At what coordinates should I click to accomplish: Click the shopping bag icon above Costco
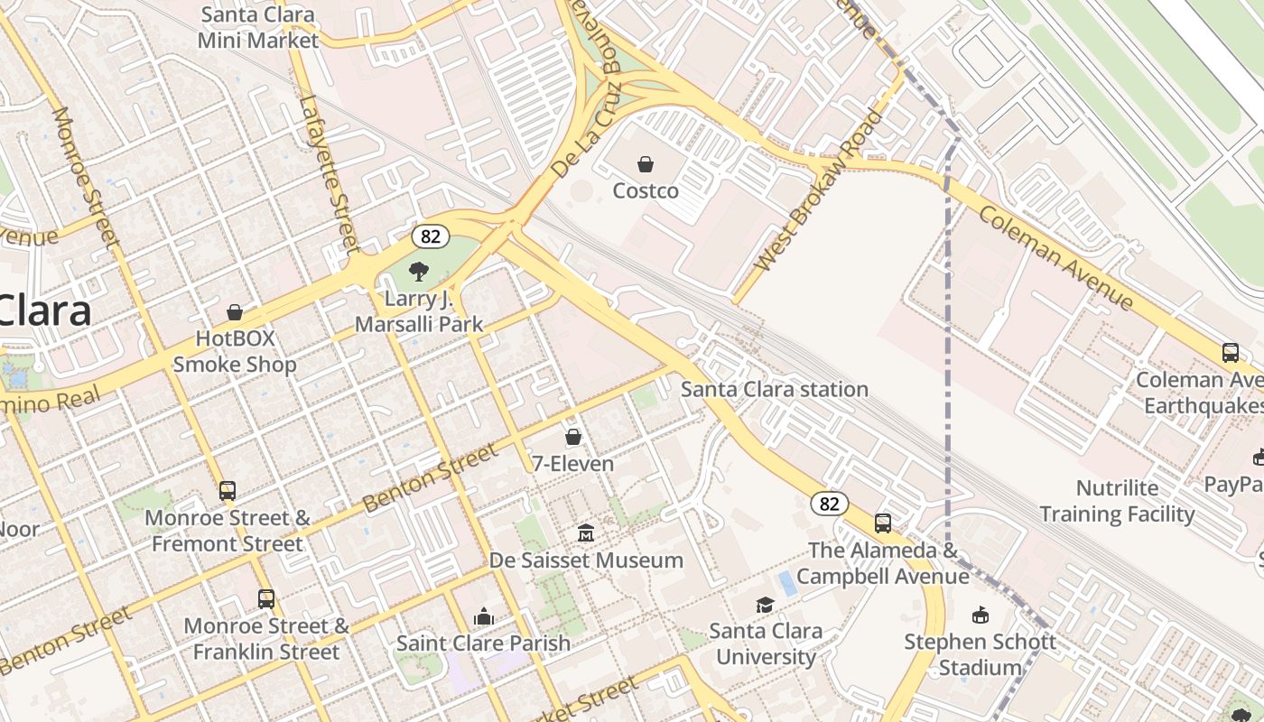coord(646,164)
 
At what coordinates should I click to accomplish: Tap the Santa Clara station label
coord(774,389)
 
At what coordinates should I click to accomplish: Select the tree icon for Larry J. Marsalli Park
coord(418,271)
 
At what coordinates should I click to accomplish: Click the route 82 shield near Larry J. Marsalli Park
coord(431,236)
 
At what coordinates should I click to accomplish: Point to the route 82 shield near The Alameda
coord(828,504)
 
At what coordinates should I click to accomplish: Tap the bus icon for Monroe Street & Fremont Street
coord(228,491)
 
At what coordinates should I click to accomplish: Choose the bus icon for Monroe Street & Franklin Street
coord(266,598)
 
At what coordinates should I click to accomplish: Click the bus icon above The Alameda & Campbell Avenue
coord(883,523)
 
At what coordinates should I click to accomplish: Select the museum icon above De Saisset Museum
coord(586,533)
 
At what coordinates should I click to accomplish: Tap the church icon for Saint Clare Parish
coord(484,616)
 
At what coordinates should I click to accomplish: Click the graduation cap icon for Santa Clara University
coord(765,605)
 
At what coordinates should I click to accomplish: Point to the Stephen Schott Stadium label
coord(980,654)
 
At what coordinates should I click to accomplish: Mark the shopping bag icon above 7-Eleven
coord(573,438)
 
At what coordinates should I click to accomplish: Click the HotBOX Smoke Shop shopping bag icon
coord(235,312)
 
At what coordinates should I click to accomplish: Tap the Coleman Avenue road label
coord(1055,256)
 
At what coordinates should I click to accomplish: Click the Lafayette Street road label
coord(330,173)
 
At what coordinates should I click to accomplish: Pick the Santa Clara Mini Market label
coord(258,27)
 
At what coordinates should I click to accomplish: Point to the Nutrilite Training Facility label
coord(1117,501)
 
